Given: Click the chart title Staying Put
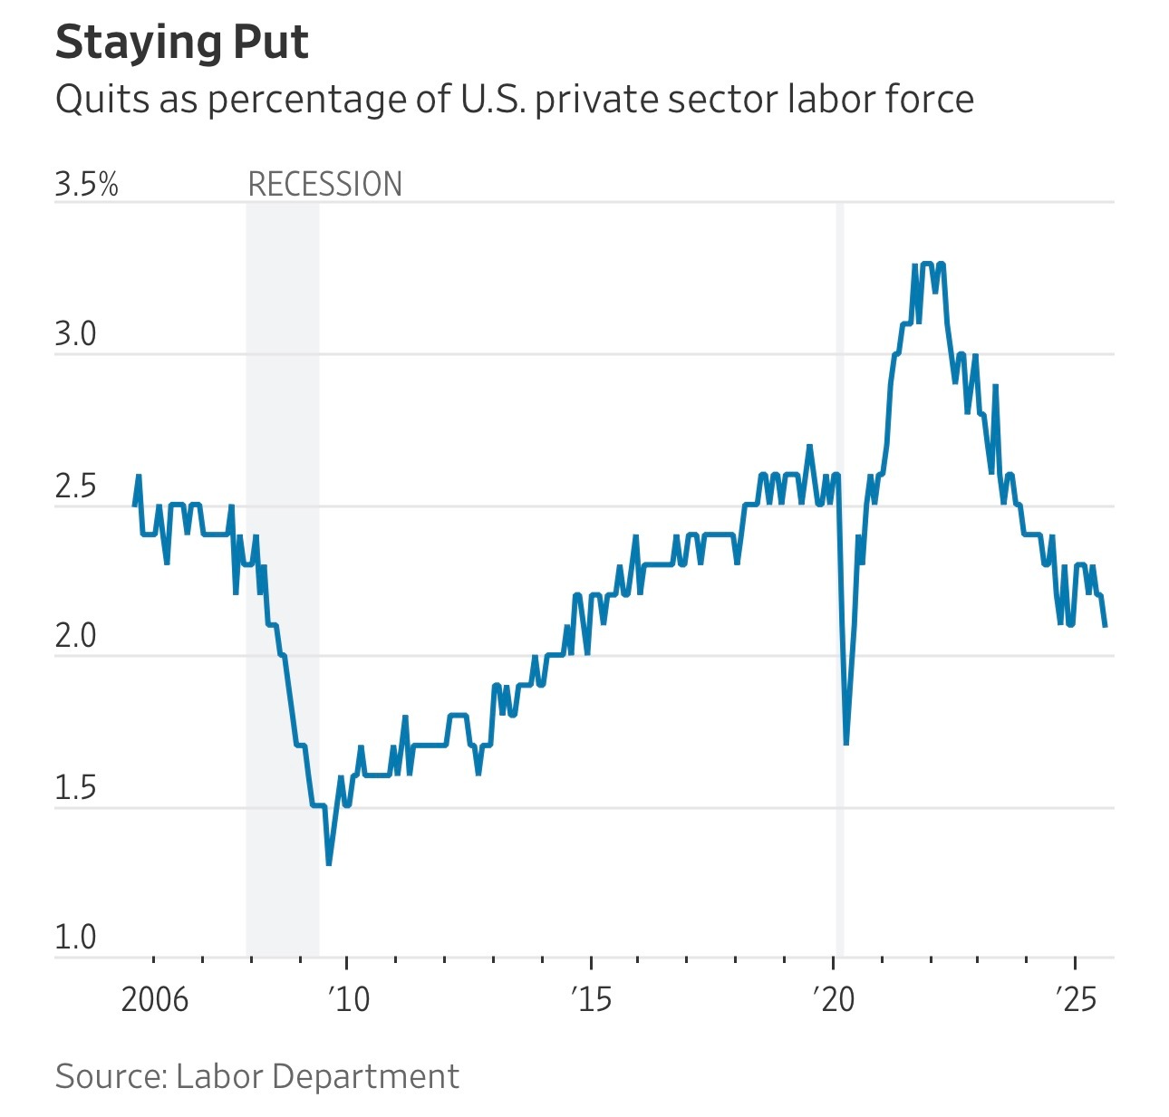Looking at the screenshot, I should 181,43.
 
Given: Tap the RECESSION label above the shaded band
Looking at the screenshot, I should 324,184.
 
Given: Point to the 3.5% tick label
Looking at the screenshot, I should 86,184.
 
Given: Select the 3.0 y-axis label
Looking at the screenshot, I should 75,334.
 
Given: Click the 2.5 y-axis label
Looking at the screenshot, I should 75,486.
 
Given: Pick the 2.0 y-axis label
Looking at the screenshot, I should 75,637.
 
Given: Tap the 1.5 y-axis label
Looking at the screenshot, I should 75,788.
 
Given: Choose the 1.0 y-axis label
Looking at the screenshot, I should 75,937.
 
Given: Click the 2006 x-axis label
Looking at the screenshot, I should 154,999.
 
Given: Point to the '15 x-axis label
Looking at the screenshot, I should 591,999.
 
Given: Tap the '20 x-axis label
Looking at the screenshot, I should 834,999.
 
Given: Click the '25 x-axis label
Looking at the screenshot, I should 1076,999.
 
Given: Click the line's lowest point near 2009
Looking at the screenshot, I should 328,863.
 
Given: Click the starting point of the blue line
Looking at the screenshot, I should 134,505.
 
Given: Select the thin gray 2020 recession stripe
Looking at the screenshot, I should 840,580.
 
